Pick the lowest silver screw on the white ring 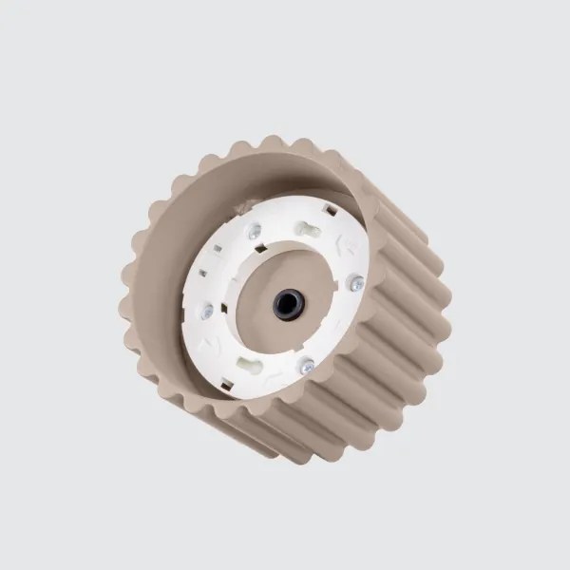pos(306,366)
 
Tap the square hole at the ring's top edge pos(332,211)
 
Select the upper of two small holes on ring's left pos(217,249)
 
